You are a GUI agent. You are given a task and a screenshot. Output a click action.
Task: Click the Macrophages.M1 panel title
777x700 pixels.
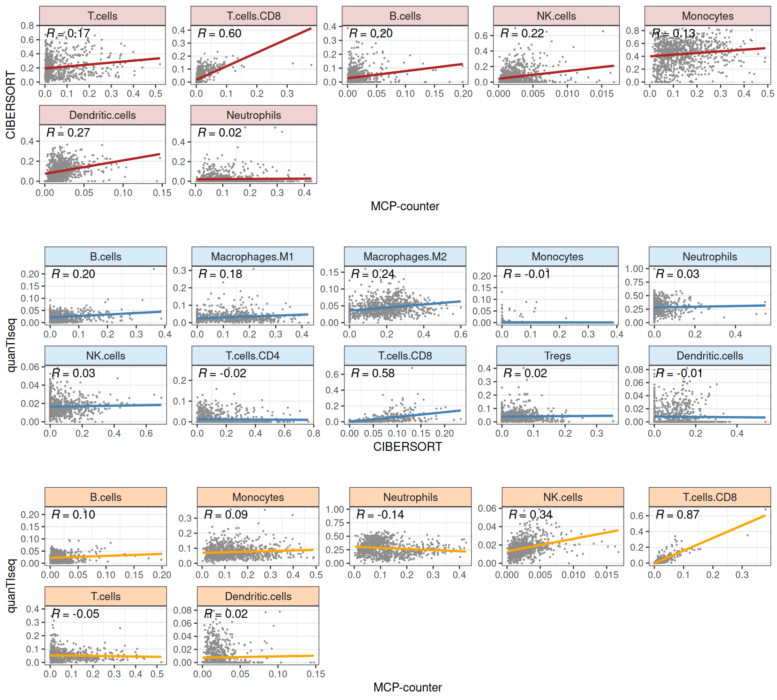point(252,256)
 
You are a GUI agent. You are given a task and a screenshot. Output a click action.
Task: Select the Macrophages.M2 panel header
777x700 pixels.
point(405,256)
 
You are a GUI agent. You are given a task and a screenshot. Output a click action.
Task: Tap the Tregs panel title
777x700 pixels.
point(557,356)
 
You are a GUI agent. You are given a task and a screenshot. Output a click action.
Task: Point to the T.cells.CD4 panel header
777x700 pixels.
point(252,356)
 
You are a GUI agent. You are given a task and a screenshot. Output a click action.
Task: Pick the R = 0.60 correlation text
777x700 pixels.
point(219,33)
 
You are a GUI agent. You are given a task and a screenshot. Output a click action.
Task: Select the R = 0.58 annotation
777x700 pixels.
point(373,373)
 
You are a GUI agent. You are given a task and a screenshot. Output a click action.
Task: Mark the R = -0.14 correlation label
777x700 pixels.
point(380,514)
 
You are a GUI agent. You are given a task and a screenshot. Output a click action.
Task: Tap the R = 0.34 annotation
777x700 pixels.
point(530,514)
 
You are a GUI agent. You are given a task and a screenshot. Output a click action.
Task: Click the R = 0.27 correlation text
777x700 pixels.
point(68,132)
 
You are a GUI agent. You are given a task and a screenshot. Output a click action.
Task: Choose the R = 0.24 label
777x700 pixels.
point(373,274)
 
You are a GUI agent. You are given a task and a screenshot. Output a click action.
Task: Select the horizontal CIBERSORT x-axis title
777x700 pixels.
point(408,446)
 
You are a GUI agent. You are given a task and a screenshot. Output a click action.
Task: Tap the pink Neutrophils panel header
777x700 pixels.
point(254,115)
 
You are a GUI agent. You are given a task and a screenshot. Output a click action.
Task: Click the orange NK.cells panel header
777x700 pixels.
point(563,497)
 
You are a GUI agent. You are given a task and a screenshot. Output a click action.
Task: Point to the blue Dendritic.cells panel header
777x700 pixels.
point(709,356)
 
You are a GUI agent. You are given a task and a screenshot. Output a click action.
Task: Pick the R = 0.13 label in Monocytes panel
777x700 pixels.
point(673,33)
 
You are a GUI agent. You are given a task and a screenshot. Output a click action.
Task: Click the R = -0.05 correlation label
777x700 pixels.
point(75,614)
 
